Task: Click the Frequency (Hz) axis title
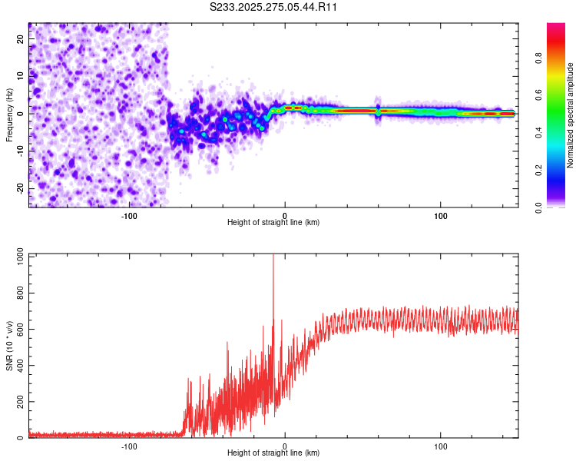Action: (x=9, y=114)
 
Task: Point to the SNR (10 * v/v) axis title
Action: (x=9, y=346)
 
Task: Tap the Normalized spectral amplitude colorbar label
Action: (x=570, y=115)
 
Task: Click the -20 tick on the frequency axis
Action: (x=21, y=188)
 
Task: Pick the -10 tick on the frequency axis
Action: (x=21, y=151)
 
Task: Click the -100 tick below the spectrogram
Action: (x=129, y=216)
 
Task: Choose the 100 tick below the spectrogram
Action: (x=441, y=216)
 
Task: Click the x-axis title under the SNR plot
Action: (x=273, y=453)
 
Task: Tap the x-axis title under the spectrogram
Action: (x=273, y=223)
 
